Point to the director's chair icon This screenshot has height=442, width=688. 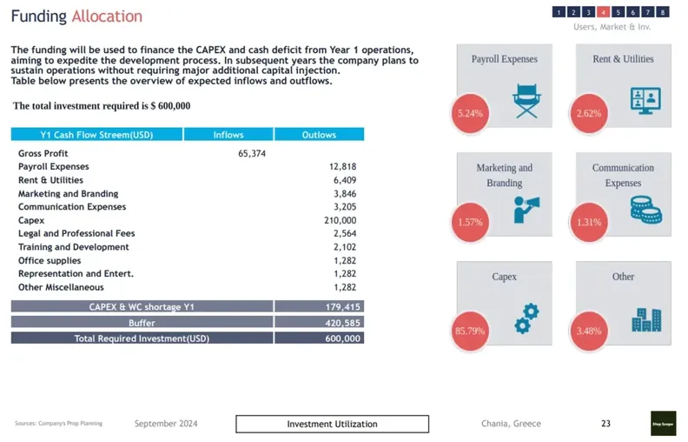[x=527, y=101]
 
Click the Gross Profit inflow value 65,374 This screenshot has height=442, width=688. [x=252, y=153]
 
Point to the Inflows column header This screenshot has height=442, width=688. [x=228, y=135]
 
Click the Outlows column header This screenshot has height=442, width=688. [x=319, y=135]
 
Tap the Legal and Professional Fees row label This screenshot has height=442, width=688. [x=76, y=233]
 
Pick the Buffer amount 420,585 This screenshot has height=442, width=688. [x=341, y=322]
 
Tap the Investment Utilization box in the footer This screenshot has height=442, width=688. [x=332, y=424]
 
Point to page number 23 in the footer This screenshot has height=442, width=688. [x=605, y=424]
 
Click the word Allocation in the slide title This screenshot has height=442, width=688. [x=107, y=17]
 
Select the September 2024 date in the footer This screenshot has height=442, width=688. [x=166, y=424]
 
